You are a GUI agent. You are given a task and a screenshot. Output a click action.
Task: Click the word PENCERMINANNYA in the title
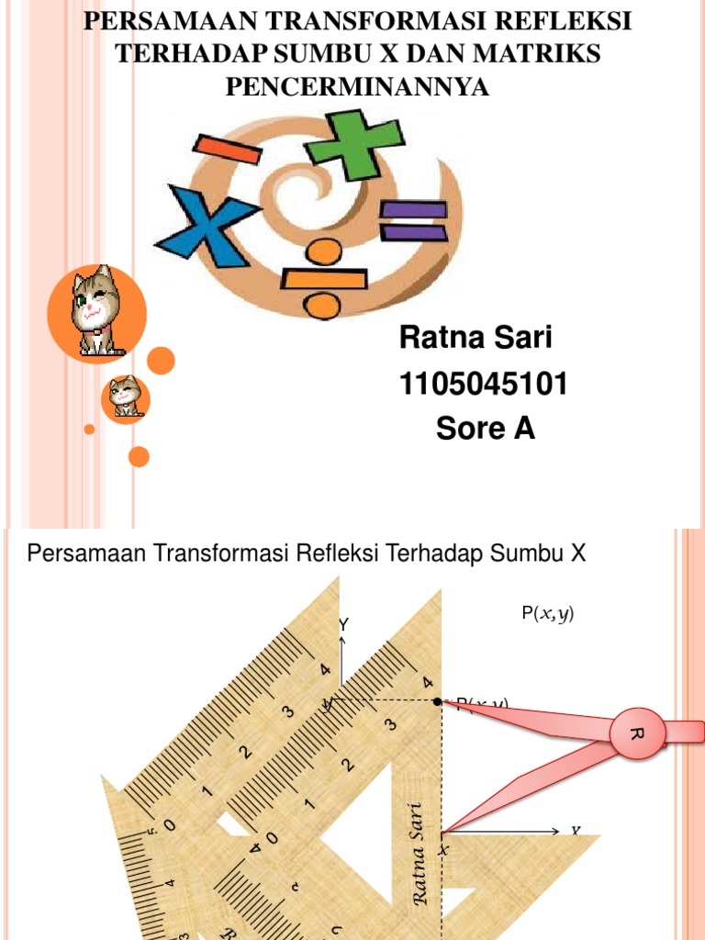click(357, 87)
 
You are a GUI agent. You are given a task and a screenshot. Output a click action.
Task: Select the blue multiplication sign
click(209, 223)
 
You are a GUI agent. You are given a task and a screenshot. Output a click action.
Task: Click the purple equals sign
click(413, 220)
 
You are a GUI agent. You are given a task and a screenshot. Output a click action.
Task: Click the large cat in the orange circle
click(96, 310)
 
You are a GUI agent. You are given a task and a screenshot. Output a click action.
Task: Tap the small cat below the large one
click(125, 397)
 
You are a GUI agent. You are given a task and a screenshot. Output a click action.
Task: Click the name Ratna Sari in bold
click(476, 339)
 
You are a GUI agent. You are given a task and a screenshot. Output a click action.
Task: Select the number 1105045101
click(483, 385)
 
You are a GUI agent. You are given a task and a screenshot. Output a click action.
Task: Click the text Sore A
click(485, 429)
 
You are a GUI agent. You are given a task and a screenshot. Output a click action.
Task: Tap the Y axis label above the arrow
click(344, 624)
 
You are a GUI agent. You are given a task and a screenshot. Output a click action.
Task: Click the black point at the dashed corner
click(438, 701)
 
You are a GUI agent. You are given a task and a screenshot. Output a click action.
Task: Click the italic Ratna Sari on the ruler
click(420, 854)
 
